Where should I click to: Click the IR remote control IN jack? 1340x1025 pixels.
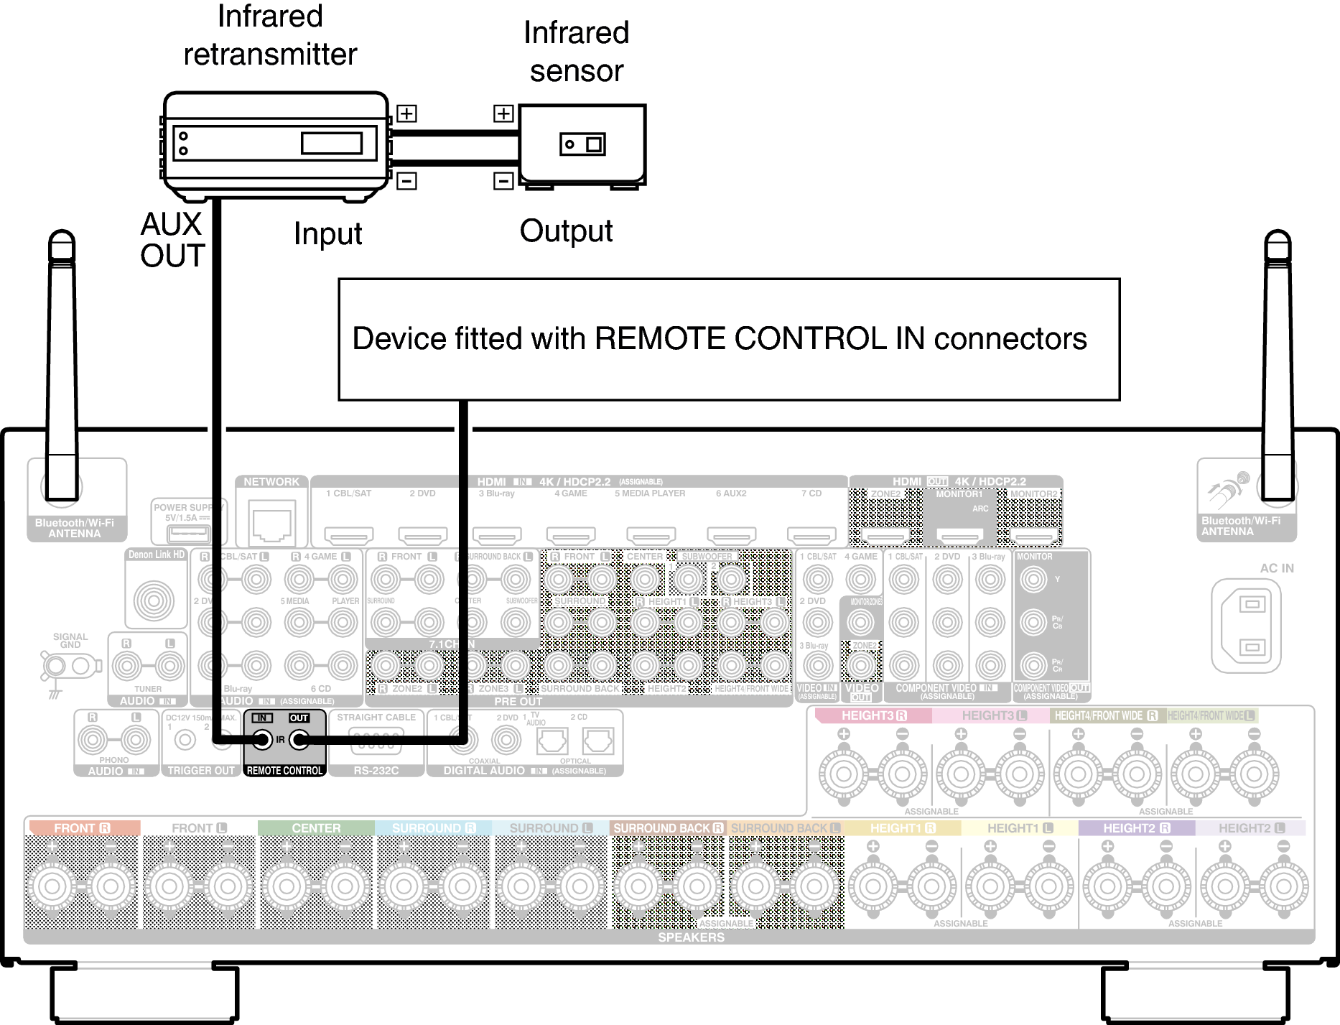[262, 740]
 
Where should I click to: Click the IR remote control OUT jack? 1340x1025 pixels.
[299, 740]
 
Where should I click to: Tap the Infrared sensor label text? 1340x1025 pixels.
[576, 52]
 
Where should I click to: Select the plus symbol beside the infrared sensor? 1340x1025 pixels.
[503, 113]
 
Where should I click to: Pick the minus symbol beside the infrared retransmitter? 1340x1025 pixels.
[406, 180]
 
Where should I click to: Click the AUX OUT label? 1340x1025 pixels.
[172, 240]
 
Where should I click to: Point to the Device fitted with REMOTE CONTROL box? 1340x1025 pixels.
[728, 339]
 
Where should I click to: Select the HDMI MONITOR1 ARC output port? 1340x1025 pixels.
[959, 535]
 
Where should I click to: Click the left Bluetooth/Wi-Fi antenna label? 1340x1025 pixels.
[75, 528]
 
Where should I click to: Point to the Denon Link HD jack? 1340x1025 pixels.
[154, 600]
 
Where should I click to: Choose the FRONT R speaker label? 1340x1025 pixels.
[82, 828]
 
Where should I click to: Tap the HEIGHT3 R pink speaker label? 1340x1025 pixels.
[873, 715]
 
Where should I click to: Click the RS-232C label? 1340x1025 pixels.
[376, 770]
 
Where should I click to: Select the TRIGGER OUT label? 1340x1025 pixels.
[201, 770]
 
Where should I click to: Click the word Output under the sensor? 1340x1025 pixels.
[566, 231]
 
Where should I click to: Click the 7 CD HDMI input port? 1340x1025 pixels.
[811, 535]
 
